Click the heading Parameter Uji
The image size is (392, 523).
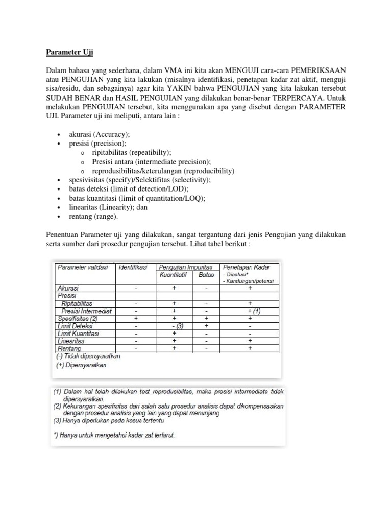(x=69, y=53)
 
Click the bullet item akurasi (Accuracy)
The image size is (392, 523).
(x=100, y=134)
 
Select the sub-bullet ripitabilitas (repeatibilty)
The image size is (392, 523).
(x=132, y=153)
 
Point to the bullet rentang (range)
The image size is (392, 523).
(x=93, y=217)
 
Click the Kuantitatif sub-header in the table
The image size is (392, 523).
(x=174, y=275)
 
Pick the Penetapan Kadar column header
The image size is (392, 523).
(x=247, y=267)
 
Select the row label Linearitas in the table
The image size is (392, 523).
(x=71, y=341)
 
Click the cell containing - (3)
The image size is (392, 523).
(x=174, y=326)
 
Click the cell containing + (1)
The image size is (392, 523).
(x=250, y=311)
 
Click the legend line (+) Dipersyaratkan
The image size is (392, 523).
(x=82, y=365)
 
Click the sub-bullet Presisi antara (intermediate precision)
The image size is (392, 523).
(x=151, y=162)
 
